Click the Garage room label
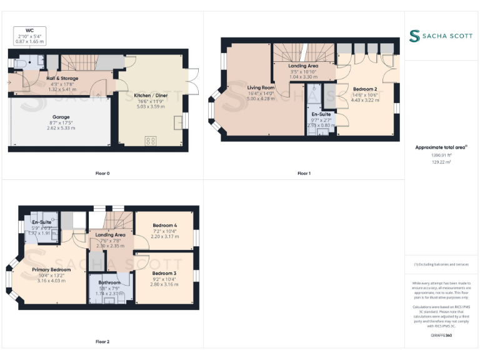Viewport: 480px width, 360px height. coord(61,116)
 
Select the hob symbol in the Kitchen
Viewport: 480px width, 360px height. coord(151,141)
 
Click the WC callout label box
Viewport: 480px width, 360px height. coord(29,36)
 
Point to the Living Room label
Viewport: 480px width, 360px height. coord(261,87)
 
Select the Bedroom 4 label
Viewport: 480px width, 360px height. coord(165,226)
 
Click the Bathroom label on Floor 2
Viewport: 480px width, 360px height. coord(109,282)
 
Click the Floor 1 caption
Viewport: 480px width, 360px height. coord(304,173)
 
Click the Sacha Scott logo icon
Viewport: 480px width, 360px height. coord(414,36)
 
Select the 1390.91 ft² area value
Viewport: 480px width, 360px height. coord(441,155)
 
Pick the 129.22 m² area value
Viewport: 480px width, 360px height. coord(441,162)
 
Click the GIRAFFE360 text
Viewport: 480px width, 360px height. coord(441,336)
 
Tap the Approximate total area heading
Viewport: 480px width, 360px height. coord(441,147)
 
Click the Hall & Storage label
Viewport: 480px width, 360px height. coord(62,79)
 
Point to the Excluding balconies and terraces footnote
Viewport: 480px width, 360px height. coord(441,264)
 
